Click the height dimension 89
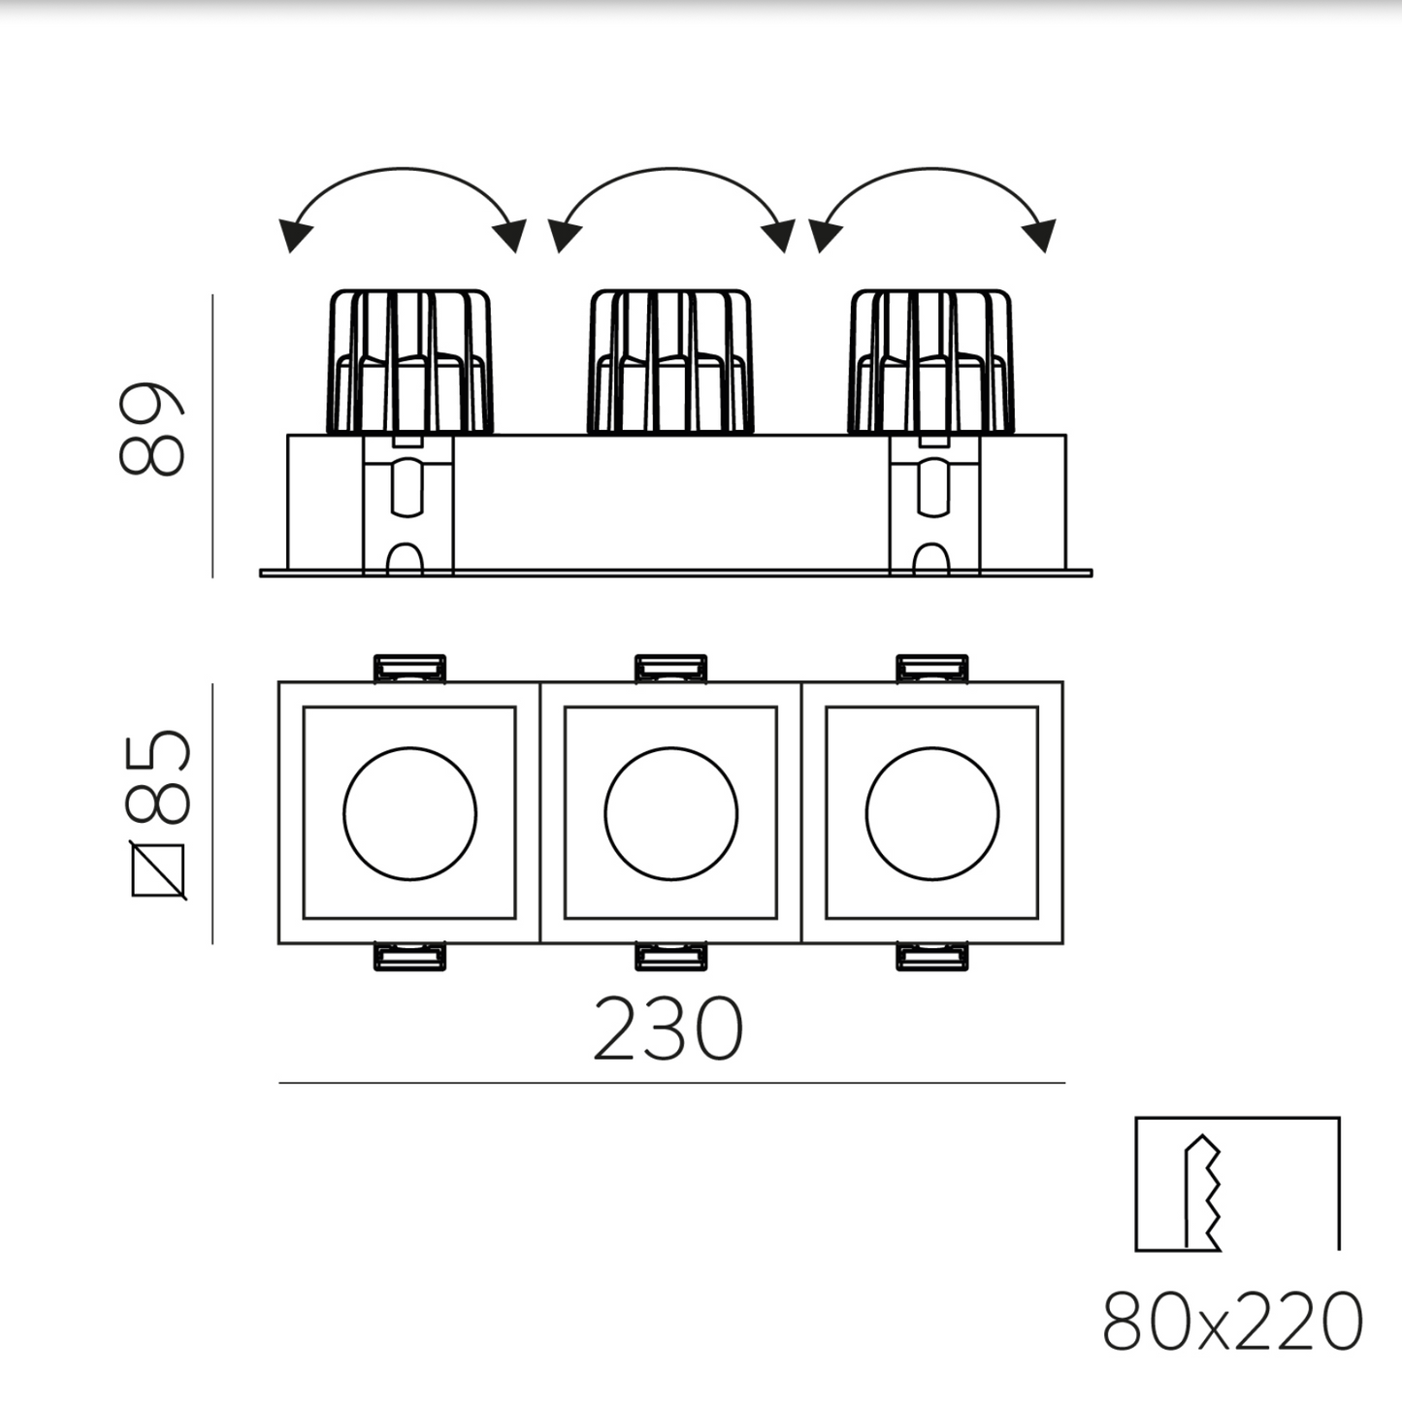pos(151,429)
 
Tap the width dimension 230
pos(668,1029)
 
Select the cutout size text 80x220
pos(1233,1321)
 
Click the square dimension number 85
pos(159,776)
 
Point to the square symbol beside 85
pos(158,872)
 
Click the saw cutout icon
pos(1237,1184)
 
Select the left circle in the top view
pos(409,813)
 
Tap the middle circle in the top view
pos(670,813)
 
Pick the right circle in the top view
pos(932,813)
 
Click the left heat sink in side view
pos(410,361)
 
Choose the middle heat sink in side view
pos(670,361)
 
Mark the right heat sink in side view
pos(932,361)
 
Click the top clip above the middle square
pos(670,668)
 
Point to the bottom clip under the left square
pos(410,957)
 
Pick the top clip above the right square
pos(932,668)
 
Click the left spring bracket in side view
pos(408,505)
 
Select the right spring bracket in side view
pos(934,505)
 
